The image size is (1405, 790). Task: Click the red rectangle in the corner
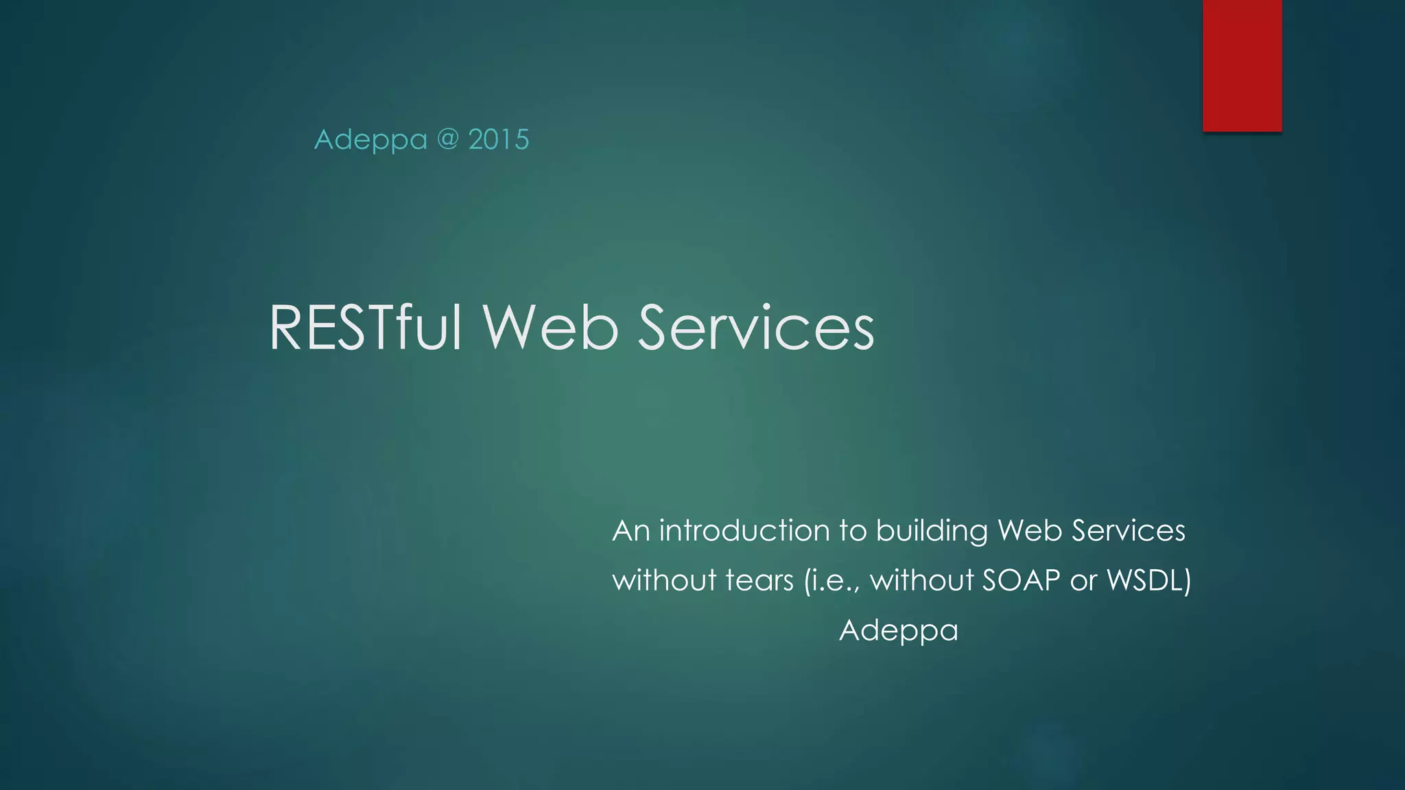pyautogui.click(x=1242, y=65)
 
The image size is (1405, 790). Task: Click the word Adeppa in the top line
pyautogui.click(x=370, y=140)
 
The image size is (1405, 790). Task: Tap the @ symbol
pyautogui.click(x=447, y=139)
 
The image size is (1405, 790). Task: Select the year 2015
pyautogui.click(x=499, y=140)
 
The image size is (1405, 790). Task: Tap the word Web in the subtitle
pyautogui.click(x=1030, y=531)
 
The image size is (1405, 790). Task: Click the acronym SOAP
pyautogui.click(x=1021, y=581)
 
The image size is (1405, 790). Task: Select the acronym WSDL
pyautogui.click(x=1148, y=581)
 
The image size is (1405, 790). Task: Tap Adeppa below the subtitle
pyautogui.click(x=898, y=631)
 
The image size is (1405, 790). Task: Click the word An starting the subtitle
pyautogui.click(x=630, y=531)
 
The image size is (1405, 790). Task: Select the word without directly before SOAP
pyautogui.click(x=922, y=581)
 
